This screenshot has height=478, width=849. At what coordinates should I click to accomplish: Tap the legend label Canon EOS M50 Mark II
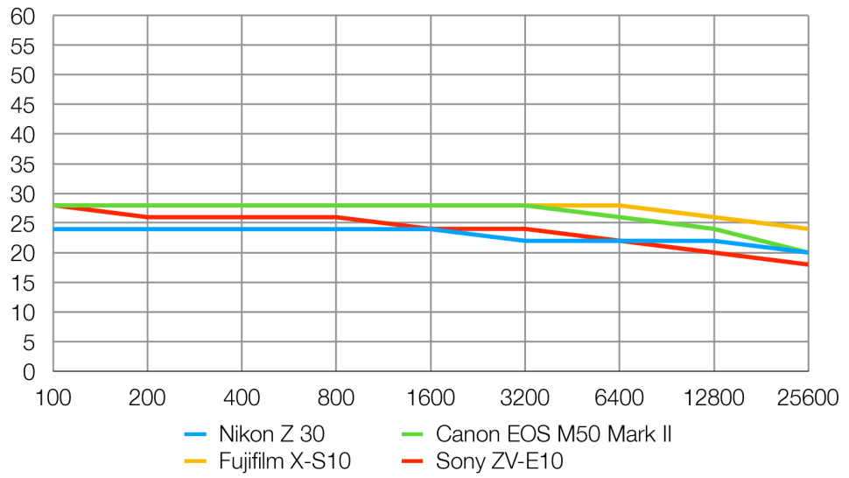click(553, 433)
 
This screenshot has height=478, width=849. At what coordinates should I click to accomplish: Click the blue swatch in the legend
click(197, 433)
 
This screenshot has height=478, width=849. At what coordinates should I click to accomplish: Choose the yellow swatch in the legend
click(197, 460)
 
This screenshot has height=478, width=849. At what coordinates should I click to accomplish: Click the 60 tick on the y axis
click(23, 16)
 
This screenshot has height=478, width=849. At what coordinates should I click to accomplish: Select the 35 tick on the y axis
click(23, 165)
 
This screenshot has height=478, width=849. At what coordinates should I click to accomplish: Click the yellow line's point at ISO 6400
click(620, 206)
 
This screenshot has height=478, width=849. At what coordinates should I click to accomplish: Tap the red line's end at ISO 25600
click(807, 264)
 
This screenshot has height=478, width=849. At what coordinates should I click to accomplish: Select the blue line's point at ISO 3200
click(525, 241)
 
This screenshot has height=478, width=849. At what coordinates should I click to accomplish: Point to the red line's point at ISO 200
click(147, 217)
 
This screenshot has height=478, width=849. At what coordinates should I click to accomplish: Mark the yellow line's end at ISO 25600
click(807, 229)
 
